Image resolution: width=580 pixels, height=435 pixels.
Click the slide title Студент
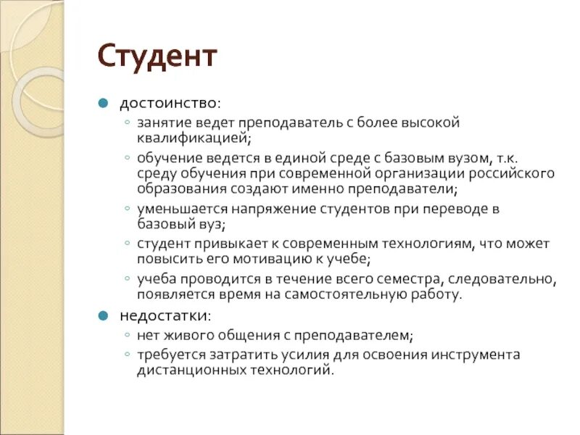(x=157, y=57)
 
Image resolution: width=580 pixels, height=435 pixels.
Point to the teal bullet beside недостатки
(x=104, y=316)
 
